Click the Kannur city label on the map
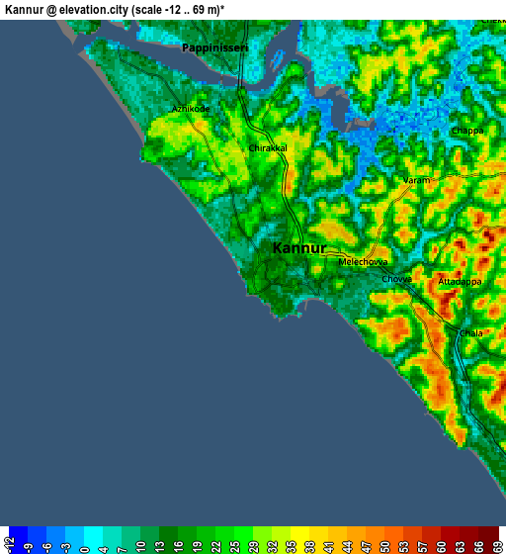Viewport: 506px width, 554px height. [x=298, y=248]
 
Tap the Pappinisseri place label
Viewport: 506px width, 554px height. [x=214, y=46]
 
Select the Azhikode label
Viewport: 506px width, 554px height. [x=191, y=109]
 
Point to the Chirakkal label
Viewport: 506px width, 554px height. [x=267, y=148]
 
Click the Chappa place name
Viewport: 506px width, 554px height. [x=467, y=131]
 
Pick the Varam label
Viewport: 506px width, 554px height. [x=416, y=181]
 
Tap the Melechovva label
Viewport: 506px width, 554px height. [x=363, y=262]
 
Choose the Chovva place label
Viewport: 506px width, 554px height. [x=396, y=280]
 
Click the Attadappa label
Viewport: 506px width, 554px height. [x=460, y=282]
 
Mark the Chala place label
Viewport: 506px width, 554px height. [x=470, y=333]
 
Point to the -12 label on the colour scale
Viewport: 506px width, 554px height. [x=9, y=543]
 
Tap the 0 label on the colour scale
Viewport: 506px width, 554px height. [x=82, y=543]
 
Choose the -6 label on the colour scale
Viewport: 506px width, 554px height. [x=45, y=543]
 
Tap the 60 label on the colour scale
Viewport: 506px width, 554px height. [x=439, y=543]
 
